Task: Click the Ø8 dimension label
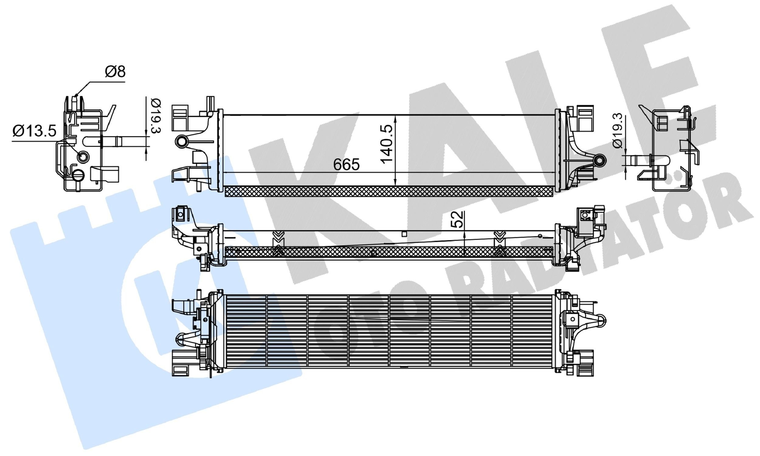click(115, 72)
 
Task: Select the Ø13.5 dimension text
click(34, 132)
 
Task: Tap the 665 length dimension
click(346, 165)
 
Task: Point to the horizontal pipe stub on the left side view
click(123, 142)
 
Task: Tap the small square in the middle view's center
click(404, 234)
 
